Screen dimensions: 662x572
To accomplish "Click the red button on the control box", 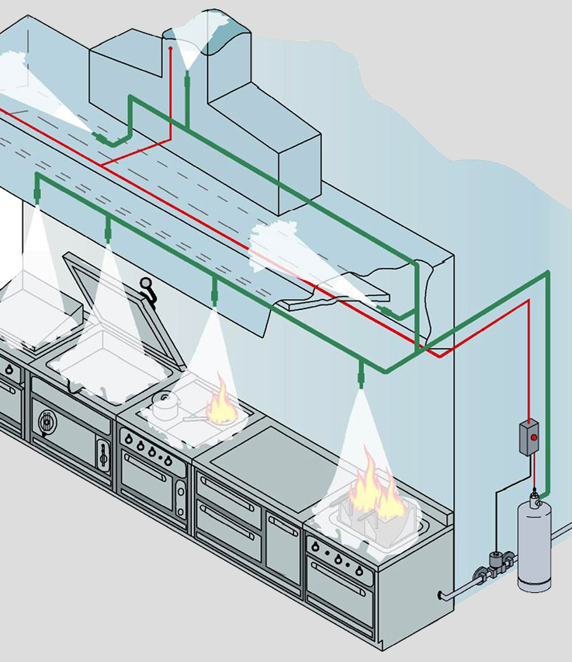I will [x=533, y=437].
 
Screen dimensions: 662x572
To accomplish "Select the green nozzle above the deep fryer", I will [x=361, y=378].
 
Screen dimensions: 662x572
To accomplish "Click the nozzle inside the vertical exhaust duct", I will [x=187, y=78].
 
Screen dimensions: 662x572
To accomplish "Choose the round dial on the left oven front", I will [x=47, y=421].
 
